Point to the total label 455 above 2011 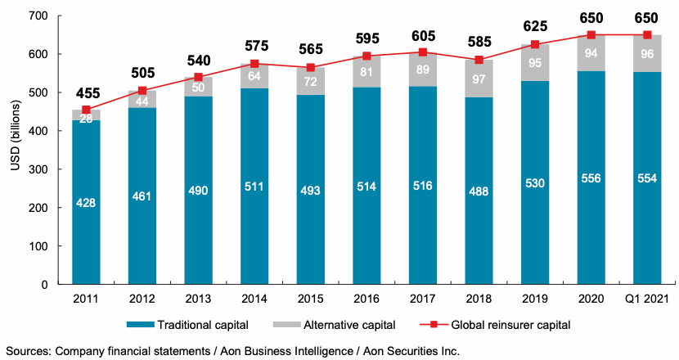click(x=86, y=92)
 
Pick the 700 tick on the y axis click(x=38, y=16)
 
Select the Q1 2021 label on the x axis click(x=646, y=299)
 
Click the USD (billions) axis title click(x=14, y=151)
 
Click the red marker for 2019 click(x=536, y=44)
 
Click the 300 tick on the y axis click(x=38, y=169)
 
